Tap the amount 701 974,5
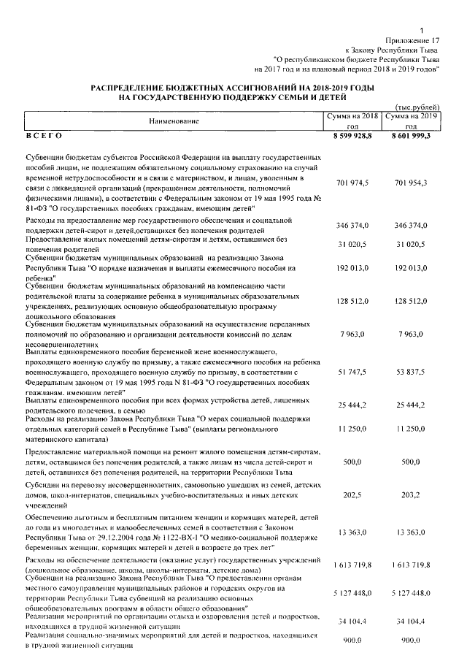353,182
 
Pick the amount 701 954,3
413,182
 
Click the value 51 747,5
353,372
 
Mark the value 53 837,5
413,372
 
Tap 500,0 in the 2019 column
413,462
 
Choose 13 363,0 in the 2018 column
353,535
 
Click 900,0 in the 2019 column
413,639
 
